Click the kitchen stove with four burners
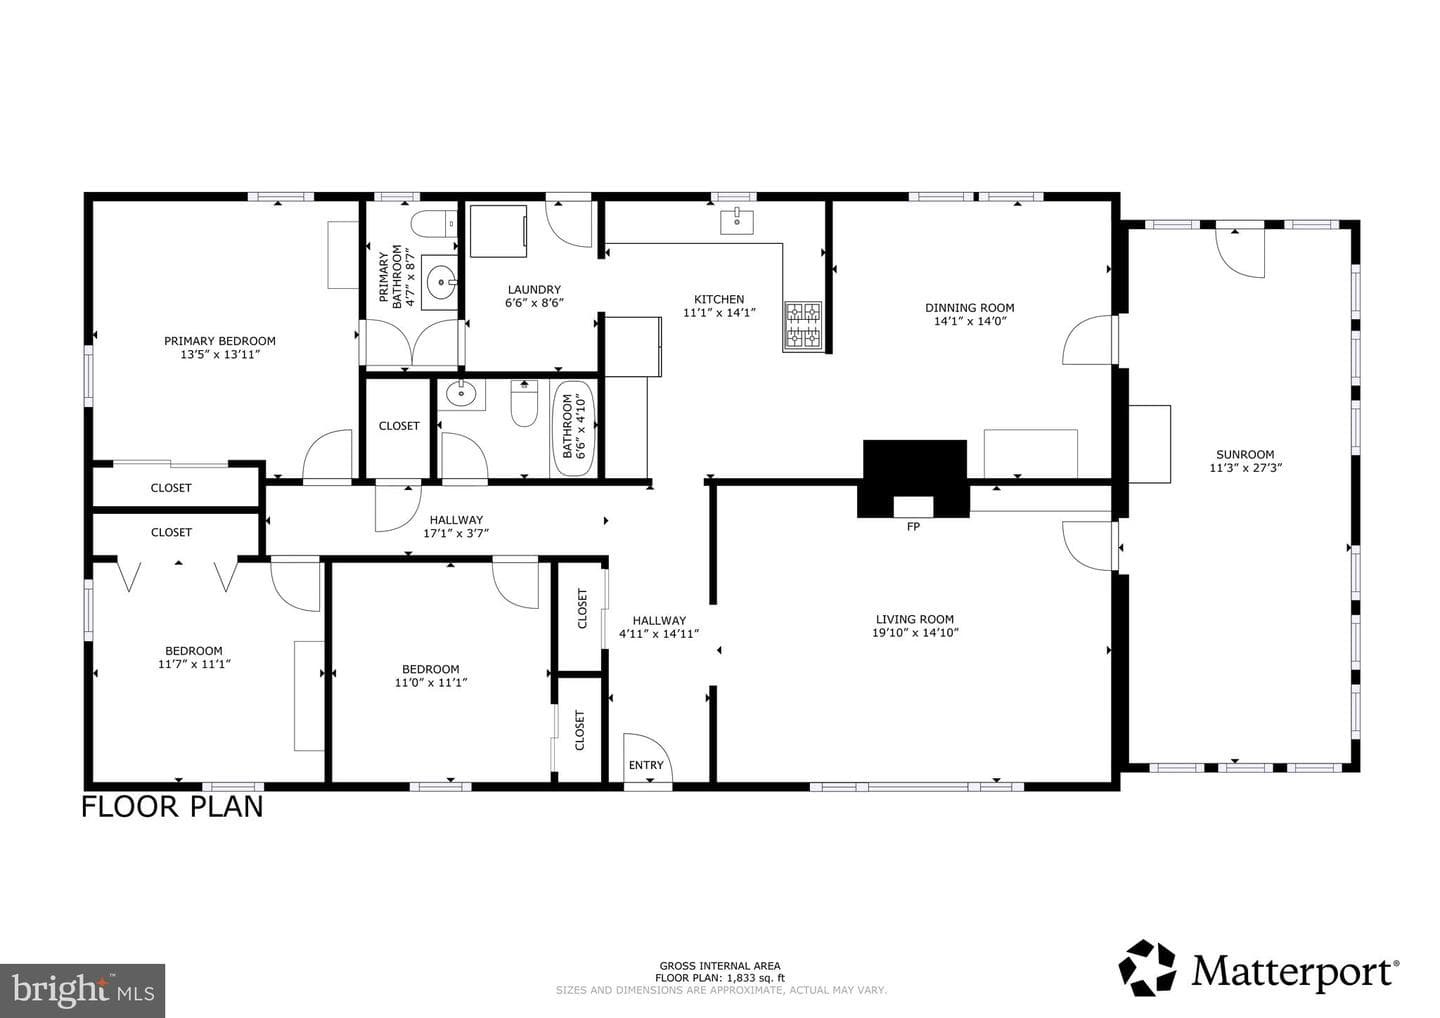point(803,326)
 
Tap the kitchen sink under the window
point(737,221)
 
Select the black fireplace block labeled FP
point(914,478)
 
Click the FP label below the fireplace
point(913,527)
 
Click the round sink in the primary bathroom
point(440,282)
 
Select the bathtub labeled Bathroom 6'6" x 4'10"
point(575,428)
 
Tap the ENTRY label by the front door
point(645,765)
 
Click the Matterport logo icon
point(1147,968)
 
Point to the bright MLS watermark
point(82,990)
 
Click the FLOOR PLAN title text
point(172,807)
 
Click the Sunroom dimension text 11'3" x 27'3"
point(1245,468)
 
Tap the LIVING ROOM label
point(914,619)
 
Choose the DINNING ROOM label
point(969,308)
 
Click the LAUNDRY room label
point(534,290)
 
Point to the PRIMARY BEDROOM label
point(219,341)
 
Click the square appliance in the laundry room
point(498,231)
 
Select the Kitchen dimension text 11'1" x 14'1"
point(719,313)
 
